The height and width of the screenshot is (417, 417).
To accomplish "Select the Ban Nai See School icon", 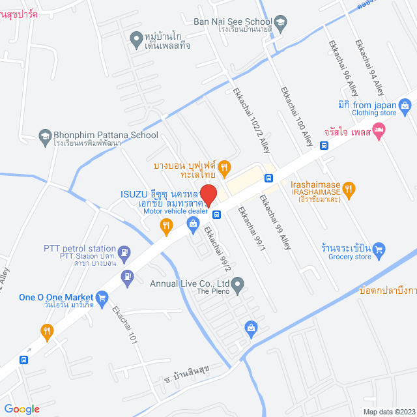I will pyautogui.click(x=281, y=22).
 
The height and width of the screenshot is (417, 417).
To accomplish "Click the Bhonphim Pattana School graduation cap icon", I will pyautogui.click(x=45, y=136).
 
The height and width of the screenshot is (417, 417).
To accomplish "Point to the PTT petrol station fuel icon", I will pyautogui.click(x=124, y=251).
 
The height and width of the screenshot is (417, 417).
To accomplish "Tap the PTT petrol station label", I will pyautogui.click(x=79, y=248).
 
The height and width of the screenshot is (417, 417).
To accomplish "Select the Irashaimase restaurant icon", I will pyautogui.click(x=349, y=189).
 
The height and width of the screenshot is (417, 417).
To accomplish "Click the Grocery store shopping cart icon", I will pyautogui.click(x=381, y=248).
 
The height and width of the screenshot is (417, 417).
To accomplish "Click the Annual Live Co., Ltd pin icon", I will pyautogui.click(x=238, y=283).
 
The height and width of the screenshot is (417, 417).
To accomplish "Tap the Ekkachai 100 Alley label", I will pyautogui.click(x=296, y=115).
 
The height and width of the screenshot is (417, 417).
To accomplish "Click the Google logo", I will pyautogui.click(x=22, y=409).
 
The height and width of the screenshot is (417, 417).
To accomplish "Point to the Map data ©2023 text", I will pyautogui.click(x=388, y=412).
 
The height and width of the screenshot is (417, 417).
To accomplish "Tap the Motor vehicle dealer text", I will pyautogui.click(x=175, y=211).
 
